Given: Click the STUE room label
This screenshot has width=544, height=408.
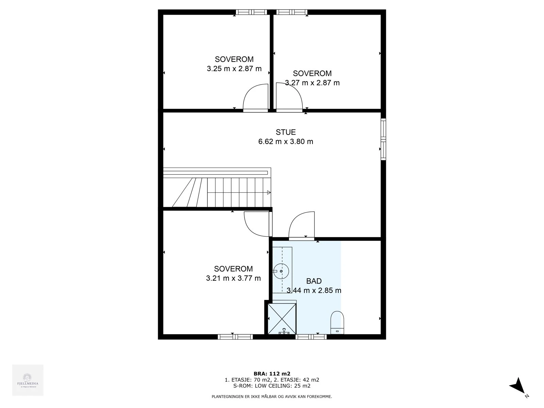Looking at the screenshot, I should [x=286, y=132].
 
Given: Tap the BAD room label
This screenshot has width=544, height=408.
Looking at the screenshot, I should [x=314, y=281].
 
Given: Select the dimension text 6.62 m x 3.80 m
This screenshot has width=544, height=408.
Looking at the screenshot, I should [x=286, y=141].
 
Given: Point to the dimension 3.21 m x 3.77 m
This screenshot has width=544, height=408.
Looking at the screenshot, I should [x=233, y=278].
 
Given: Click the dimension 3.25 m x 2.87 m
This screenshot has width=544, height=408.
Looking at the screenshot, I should [x=234, y=69].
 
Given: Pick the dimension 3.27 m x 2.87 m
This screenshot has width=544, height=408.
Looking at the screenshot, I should [x=312, y=83].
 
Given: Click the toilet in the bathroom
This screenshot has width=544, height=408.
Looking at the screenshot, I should [x=337, y=322].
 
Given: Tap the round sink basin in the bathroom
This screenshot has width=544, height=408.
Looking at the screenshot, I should [x=282, y=271].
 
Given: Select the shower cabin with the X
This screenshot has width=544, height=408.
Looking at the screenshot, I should [x=282, y=318].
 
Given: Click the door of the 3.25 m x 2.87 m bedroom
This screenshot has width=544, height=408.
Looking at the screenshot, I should [x=256, y=98].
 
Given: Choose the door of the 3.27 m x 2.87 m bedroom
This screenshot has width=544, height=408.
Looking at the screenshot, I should [x=289, y=98].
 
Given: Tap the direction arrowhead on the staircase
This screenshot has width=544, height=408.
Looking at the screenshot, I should [x=269, y=192].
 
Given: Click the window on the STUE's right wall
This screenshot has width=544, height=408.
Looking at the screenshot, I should [x=383, y=139].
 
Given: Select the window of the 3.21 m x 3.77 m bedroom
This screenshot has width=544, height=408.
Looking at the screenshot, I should [x=235, y=337].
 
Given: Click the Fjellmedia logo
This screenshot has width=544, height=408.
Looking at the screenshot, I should [x=28, y=380].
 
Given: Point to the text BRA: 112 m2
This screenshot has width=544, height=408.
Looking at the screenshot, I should [x=272, y=374].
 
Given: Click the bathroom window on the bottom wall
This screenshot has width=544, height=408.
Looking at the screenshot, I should [x=311, y=337].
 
